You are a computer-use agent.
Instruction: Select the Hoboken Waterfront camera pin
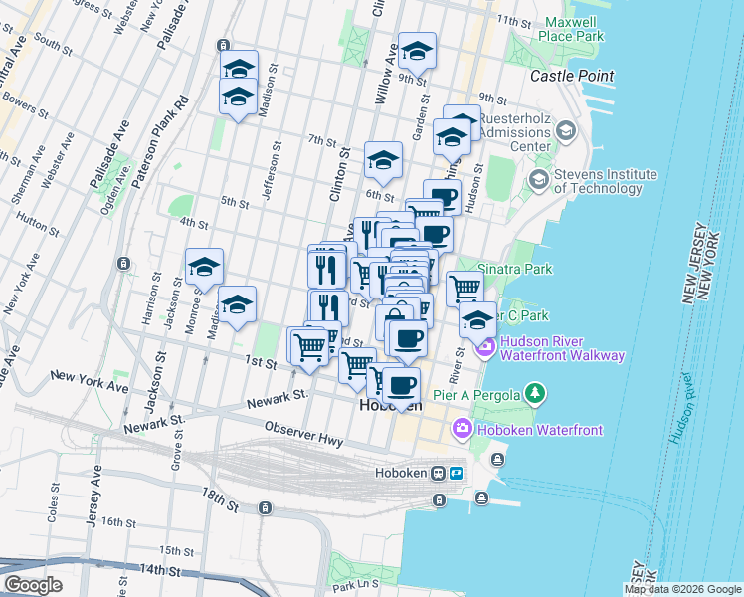(x=463, y=429)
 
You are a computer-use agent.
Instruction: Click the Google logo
(x=32, y=584)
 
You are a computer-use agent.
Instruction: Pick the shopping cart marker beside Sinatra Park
(x=464, y=289)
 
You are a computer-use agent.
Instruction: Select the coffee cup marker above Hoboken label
(x=402, y=386)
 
